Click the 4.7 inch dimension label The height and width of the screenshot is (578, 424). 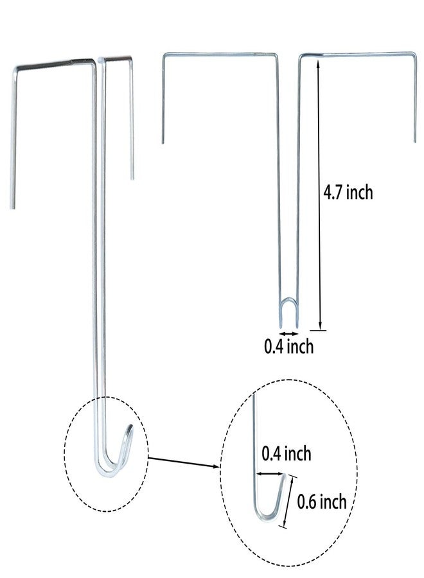coord(348,193)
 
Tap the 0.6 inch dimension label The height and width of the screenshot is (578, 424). coord(322,502)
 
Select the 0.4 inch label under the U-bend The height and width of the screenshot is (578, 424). coord(288,347)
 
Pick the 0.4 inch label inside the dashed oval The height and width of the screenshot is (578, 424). coord(286,453)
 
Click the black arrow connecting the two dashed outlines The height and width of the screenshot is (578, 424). coord(184,462)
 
